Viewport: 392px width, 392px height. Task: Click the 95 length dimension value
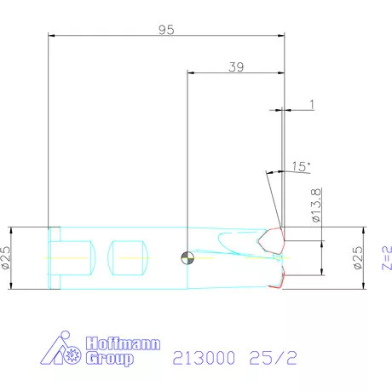coord(166,29)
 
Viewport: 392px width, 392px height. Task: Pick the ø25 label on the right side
coord(356,258)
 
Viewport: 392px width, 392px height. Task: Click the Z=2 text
coord(385,258)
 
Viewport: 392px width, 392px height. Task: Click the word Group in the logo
coord(109,359)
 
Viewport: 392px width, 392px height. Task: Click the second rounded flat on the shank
coord(129,257)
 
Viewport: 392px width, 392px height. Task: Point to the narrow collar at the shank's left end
coord(55,257)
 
